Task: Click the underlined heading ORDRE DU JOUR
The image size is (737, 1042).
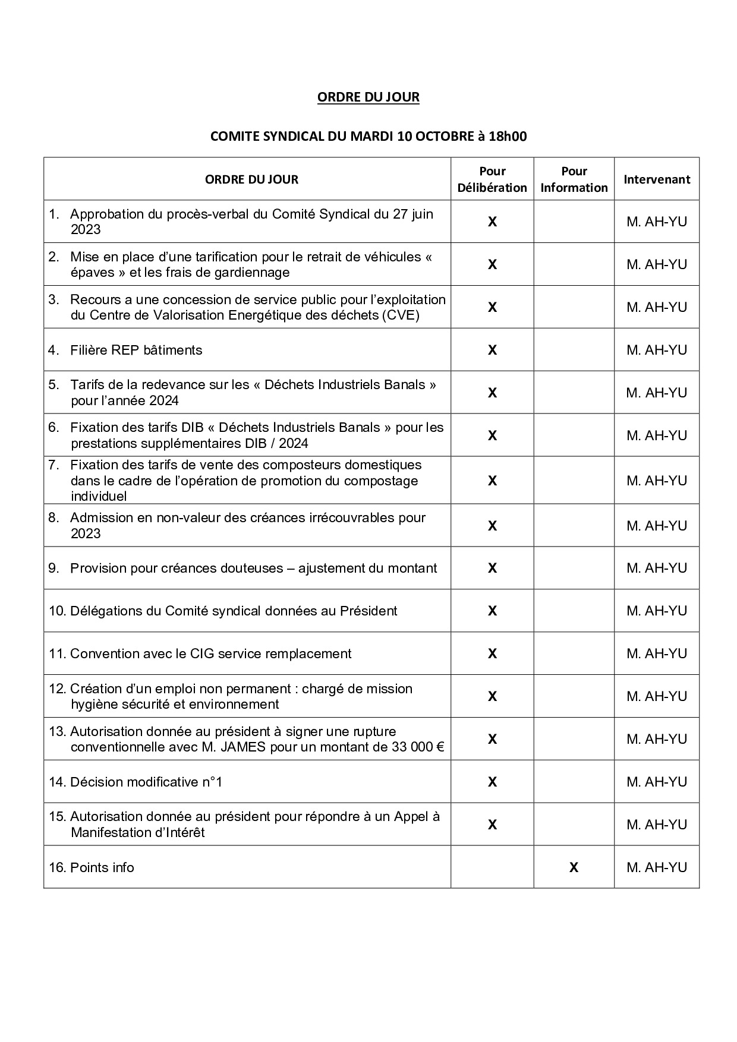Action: point(368,97)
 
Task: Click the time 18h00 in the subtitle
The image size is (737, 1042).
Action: point(507,136)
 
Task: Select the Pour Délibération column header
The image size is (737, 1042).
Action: point(492,179)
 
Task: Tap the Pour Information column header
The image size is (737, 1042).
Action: point(574,179)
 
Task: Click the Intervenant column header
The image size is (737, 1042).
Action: point(656,179)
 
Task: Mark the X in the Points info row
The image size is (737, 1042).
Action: point(574,867)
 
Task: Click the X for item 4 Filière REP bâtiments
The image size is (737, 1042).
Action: point(492,350)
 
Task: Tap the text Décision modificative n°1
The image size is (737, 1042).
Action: point(146,782)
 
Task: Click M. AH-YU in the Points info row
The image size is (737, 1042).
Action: point(656,867)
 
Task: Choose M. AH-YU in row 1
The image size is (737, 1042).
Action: point(656,222)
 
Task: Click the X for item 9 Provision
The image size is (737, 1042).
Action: point(492,568)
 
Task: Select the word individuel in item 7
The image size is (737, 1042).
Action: point(99,496)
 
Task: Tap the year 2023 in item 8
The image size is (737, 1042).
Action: point(86,533)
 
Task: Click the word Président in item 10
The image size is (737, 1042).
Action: point(368,611)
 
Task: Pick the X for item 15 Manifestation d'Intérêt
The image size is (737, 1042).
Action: point(492,825)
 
